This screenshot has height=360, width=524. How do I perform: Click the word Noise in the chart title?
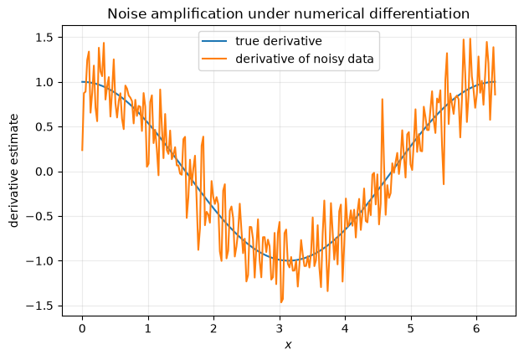tap(123, 14)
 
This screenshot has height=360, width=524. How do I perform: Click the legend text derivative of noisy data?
tap(305, 59)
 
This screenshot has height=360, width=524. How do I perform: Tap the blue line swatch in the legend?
tap(214, 41)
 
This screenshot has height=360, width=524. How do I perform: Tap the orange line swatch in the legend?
tap(214, 59)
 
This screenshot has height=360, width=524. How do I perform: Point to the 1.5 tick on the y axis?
tap(44, 38)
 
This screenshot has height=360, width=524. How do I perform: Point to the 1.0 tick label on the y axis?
tap(44, 82)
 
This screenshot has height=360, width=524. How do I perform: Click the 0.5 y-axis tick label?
tap(44, 127)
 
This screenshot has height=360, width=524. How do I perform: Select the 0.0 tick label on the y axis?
tap(44, 172)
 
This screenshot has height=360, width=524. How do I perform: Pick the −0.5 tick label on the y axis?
tap(40, 217)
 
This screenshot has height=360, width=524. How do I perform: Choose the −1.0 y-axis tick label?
tap(40, 261)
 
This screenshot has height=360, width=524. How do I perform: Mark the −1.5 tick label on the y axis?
tap(40, 306)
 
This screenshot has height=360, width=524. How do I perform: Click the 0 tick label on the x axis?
tap(82, 329)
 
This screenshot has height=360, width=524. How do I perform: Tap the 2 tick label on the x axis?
tap(213, 329)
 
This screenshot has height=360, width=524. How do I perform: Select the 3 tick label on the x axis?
tap(280, 329)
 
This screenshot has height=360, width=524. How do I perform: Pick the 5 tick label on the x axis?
tap(411, 329)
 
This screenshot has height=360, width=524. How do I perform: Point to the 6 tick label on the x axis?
tap(476, 329)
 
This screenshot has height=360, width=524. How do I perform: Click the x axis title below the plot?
tap(289, 345)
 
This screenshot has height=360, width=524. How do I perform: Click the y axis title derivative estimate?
tap(13, 171)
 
